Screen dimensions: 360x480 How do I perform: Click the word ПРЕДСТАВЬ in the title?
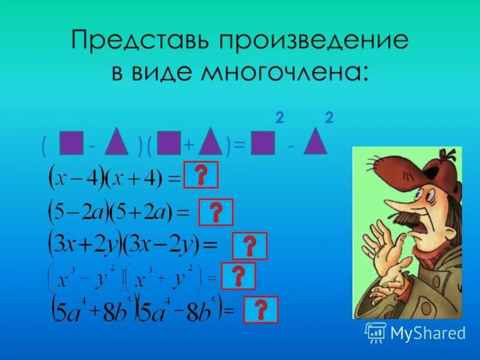pyautogui.click(x=142, y=41)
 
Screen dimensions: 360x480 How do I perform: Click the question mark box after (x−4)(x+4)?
pyautogui.click(x=201, y=175)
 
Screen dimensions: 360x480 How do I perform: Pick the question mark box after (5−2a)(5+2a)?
pyautogui.click(x=215, y=212)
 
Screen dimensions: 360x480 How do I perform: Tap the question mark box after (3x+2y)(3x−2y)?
pyautogui.click(x=250, y=246)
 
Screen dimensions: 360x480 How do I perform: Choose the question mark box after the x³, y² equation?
pyautogui.click(x=238, y=276)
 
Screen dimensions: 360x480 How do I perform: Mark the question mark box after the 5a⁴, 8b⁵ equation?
pyautogui.click(x=261, y=310)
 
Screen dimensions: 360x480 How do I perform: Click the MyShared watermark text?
pyautogui.click(x=427, y=332)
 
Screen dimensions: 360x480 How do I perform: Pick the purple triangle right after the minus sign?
pyautogui.click(x=116, y=144)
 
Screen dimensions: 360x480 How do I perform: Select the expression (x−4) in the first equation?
pyautogui.click(x=75, y=178)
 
